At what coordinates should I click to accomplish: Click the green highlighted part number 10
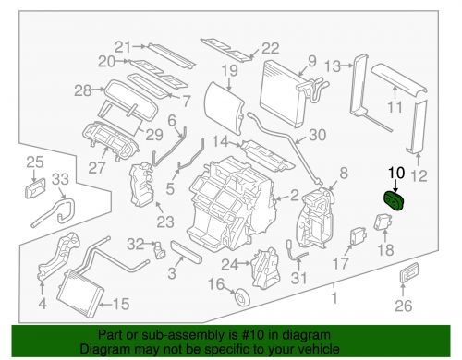(x=394, y=201)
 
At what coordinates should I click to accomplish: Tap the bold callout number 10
(x=396, y=173)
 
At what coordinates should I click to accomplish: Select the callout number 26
(x=404, y=306)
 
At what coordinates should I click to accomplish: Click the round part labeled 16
(x=242, y=296)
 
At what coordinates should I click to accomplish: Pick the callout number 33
(x=60, y=179)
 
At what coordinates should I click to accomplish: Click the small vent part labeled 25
(x=36, y=188)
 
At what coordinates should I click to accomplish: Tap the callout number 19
(x=230, y=71)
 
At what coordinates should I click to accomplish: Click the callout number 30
(x=317, y=135)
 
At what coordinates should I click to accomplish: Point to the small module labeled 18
(x=383, y=222)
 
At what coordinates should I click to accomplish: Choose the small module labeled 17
(x=358, y=237)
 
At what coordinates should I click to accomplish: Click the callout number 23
(x=165, y=222)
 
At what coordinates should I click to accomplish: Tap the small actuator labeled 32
(x=160, y=250)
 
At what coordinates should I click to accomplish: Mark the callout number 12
(x=419, y=176)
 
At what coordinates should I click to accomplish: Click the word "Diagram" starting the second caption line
(x=104, y=349)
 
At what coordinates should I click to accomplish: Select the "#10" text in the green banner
(x=253, y=335)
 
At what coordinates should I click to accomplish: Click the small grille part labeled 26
(x=409, y=272)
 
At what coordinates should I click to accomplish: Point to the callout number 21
(x=123, y=47)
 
